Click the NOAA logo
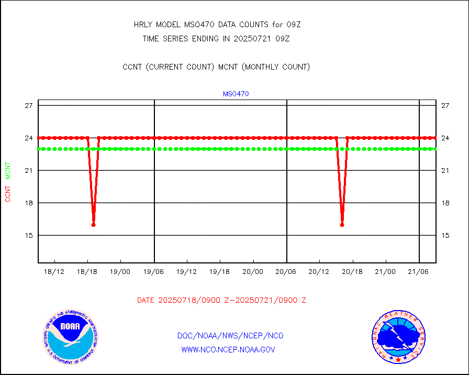tap(70, 337)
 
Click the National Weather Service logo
tap(397, 337)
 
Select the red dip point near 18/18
tap(93, 225)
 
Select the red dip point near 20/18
tap(342, 225)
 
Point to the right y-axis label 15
tap(445, 235)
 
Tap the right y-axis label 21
tap(445, 170)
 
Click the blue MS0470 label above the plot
tap(236, 94)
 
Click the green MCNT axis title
tap(8, 171)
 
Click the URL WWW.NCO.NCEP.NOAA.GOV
tap(228, 349)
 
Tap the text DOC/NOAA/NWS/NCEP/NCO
tap(230, 336)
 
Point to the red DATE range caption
tap(221, 300)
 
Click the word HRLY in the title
tap(143, 25)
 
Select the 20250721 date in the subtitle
tap(254, 38)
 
